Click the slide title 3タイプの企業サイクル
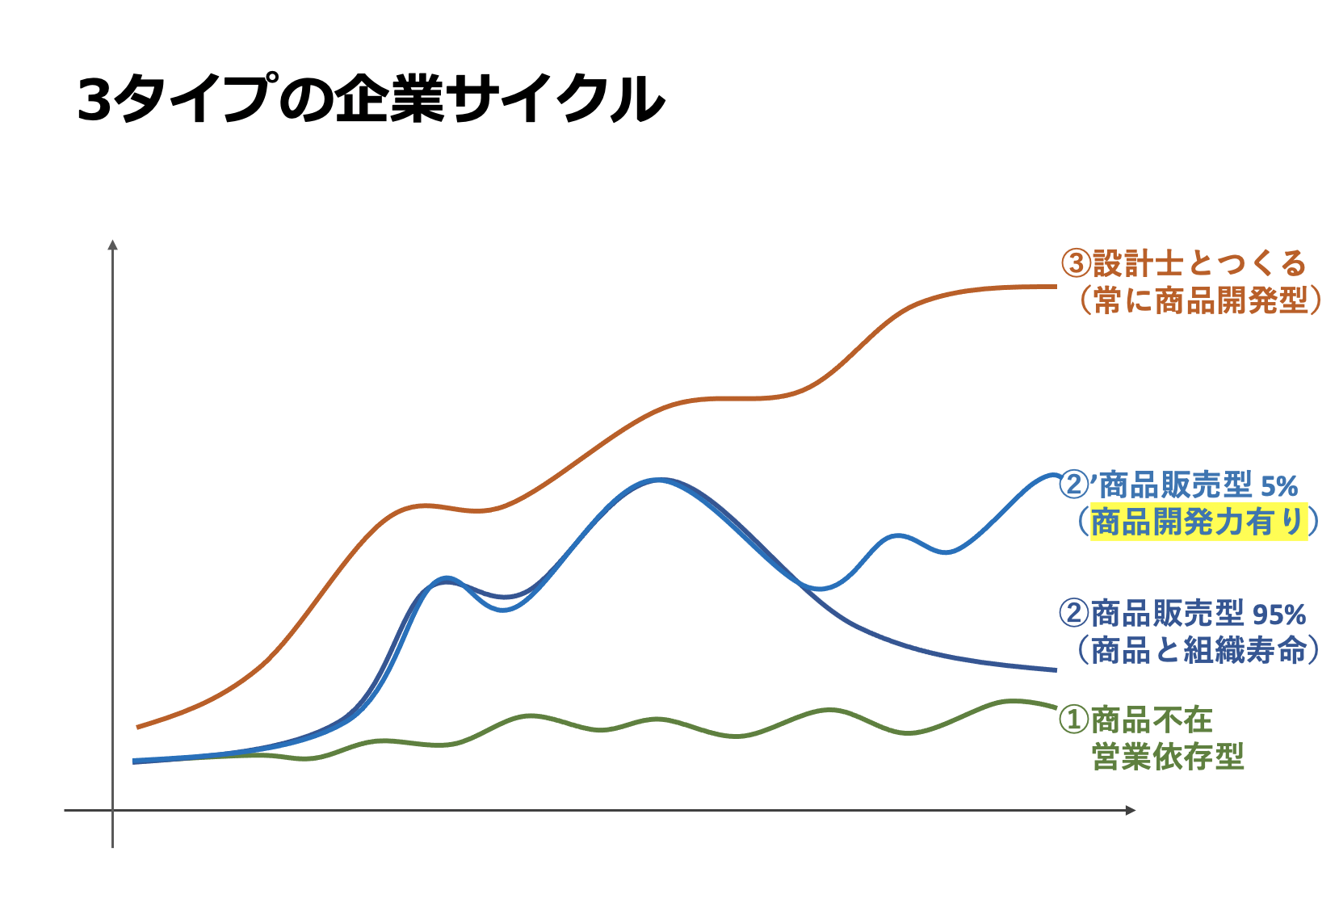tap(371, 99)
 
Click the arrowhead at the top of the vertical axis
tap(113, 245)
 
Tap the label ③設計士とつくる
tap(1183, 263)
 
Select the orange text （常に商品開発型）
tap(1199, 300)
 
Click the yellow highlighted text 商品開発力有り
tap(1198, 522)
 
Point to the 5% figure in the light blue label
tap(1279, 486)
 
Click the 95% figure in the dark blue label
tap(1279, 615)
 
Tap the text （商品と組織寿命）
tap(1198, 650)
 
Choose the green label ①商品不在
tap(1135, 719)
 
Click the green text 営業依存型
tap(1168, 757)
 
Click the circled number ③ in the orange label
tap(1076, 263)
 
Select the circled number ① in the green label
tap(1074, 719)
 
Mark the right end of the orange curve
tap(1055, 286)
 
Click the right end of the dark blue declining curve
tap(1055, 669)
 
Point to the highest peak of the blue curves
tap(658, 480)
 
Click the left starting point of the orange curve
tap(138, 727)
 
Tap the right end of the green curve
tap(1054, 707)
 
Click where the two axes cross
tap(113, 810)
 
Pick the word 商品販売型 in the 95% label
tap(1168, 614)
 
